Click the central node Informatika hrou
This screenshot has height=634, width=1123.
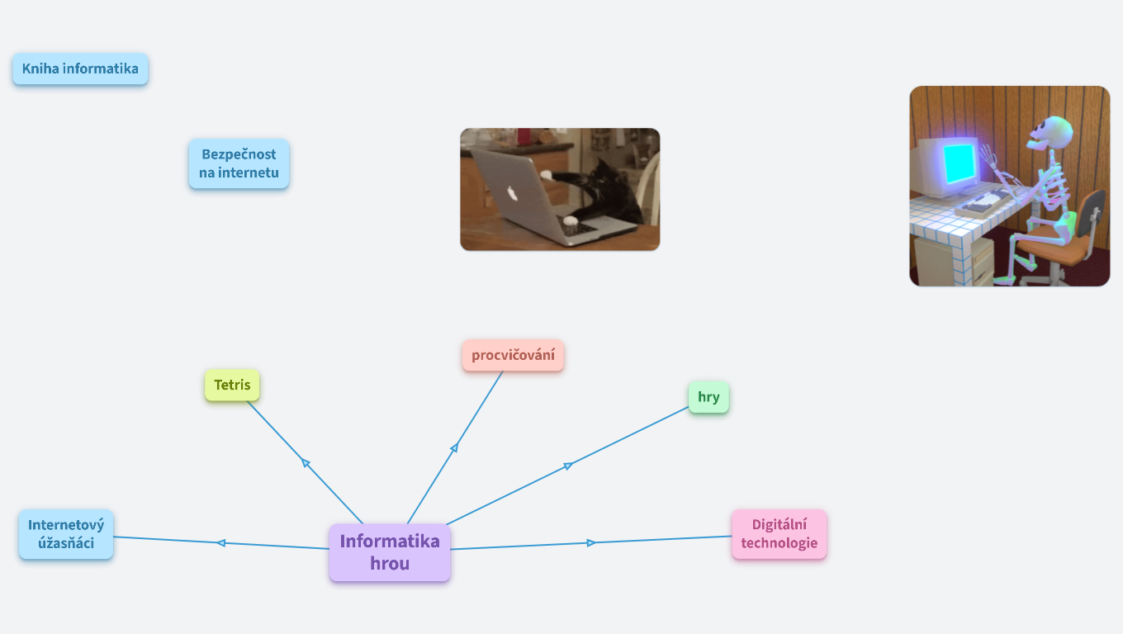[390, 552]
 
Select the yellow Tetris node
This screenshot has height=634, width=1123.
[232, 385]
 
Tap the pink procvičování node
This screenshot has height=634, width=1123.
[513, 356]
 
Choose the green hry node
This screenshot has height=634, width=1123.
[708, 397]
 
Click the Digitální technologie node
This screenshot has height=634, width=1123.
[779, 534]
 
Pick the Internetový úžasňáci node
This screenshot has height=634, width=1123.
[66, 534]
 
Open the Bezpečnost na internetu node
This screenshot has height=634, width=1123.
[239, 163]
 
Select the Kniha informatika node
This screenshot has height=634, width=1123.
[80, 69]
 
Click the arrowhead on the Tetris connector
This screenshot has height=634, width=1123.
[306, 463]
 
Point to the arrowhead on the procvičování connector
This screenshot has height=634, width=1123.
[454, 447]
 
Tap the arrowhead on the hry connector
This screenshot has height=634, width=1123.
[568, 466]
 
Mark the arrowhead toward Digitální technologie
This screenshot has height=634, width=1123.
[591, 542]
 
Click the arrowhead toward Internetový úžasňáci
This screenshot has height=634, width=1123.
[220, 542]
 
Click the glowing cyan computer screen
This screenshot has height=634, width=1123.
[959, 163]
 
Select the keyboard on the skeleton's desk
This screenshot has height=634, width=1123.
[983, 202]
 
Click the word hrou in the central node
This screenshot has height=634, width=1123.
[390, 564]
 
